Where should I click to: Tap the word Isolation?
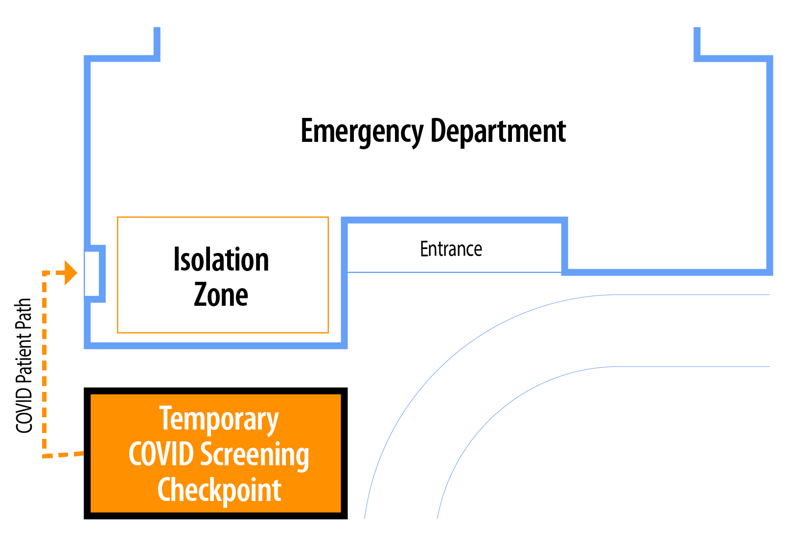tap(221, 260)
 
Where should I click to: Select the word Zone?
tap(221, 295)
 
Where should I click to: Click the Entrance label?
tap(451, 250)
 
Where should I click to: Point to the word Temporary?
tap(219, 419)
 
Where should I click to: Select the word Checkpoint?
tap(219, 490)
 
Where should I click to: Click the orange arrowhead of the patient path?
tap(71, 273)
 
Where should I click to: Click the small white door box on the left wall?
tap(92, 273)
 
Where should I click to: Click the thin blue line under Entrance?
tap(454, 272)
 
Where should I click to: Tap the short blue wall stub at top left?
tap(157, 43)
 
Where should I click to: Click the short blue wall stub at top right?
tap(697, 43)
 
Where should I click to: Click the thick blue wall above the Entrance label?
tap(454, 220)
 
